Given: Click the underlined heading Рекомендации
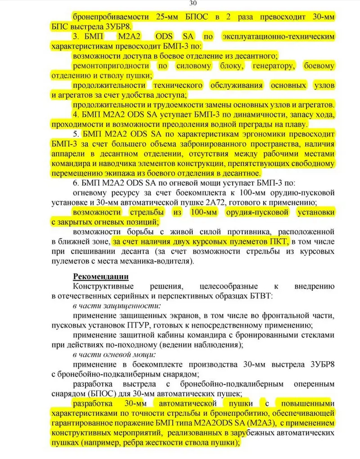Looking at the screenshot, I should click(100, 276).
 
